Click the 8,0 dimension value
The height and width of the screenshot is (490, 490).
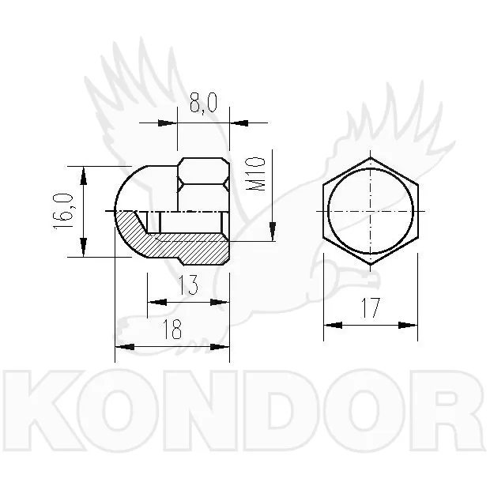tap(203, 103)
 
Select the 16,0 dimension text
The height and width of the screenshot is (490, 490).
tap(63, 211)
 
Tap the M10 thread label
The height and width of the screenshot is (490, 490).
tap(255, 174)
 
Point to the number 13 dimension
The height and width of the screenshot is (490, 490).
tap(188, 285)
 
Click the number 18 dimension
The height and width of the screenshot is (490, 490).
tap(172, 330)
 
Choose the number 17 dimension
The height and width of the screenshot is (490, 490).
tap(371, 307)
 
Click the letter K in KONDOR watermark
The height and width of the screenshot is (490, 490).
tap(44, 410)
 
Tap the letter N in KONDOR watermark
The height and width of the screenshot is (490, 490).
tap(200, 410)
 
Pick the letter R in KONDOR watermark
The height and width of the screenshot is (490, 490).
tap(447, 410)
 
